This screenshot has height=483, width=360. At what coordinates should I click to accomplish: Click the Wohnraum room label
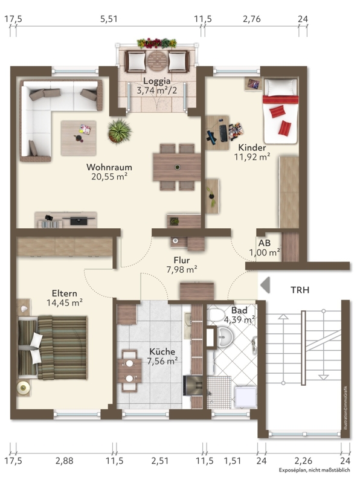(109, 167)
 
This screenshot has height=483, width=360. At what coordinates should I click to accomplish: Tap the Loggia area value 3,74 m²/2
(157, 91)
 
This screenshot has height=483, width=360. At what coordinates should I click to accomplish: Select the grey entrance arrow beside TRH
(265, 285)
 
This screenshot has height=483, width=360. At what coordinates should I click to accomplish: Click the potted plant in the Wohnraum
(120, 131)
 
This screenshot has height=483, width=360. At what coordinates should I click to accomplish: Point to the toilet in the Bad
(217, 315)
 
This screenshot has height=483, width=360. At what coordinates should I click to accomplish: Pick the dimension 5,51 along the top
(109, 19)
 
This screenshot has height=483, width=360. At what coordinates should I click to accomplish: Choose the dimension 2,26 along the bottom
(303, 461)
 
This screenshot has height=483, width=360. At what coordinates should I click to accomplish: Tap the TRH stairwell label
(300, 290)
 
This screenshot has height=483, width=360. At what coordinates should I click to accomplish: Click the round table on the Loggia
(157, 61)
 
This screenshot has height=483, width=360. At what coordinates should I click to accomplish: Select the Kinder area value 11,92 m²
(252, 157)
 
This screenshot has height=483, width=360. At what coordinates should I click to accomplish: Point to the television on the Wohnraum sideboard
(79, 220)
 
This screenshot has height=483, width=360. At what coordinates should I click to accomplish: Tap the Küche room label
(162, 351)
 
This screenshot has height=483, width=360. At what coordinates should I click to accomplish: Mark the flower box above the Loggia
(157, 43)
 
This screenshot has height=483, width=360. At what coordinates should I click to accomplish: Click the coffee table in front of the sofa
(79, 138)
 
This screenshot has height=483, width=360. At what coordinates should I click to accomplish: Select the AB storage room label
(265, 243)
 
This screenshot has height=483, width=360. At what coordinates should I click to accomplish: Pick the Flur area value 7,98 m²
(182, 270)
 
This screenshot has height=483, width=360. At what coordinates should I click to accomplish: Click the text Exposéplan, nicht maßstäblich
(314, 470)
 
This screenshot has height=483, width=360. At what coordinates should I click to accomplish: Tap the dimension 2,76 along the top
(252, 19)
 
